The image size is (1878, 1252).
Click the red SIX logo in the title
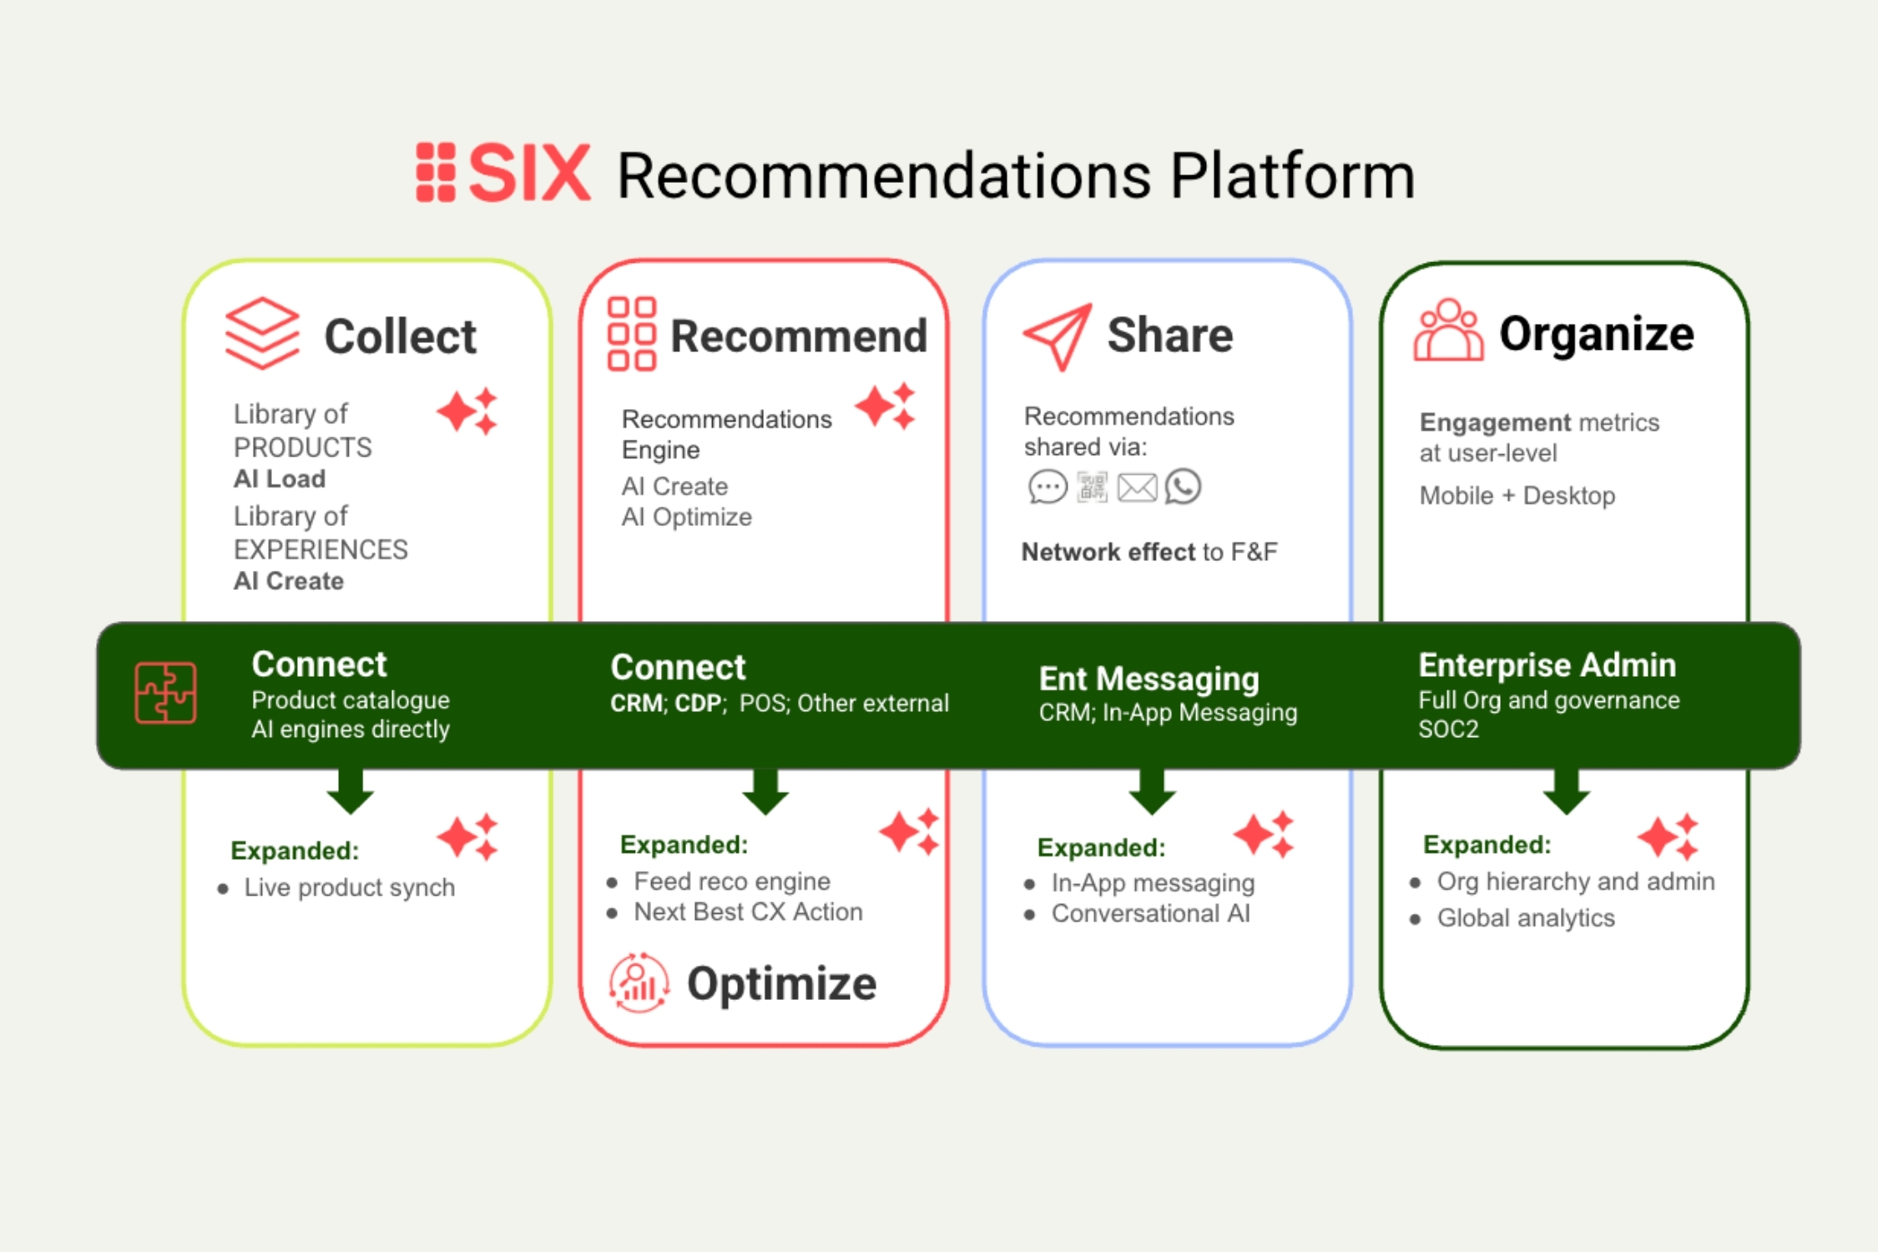(504, 173)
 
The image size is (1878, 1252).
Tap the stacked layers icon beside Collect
(261, 333)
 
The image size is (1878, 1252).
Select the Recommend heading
(798, 336)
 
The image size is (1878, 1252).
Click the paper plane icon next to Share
(1058, 336)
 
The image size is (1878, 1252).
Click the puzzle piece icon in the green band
(165, 693)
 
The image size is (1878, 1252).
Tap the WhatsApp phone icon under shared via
(1183, 487)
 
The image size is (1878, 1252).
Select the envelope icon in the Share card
(1137, 487)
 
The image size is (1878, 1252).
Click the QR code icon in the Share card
(1092, 487)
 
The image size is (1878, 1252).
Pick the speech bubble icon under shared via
(1048, 487)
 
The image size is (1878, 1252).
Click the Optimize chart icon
(639, 983)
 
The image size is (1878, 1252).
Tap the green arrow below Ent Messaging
(1152, 791)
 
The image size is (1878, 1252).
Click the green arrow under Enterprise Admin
(1566, 791)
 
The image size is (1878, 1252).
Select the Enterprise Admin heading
(1547, 665)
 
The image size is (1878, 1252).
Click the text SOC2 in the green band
(1448, 729)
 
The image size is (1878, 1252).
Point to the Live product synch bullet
(349, 887)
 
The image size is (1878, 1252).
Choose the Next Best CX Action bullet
(748, 912)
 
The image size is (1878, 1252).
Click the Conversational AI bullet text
(1150, 914)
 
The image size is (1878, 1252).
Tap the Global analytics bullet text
(1525, 918)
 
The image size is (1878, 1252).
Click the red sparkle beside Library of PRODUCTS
(467, 411)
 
